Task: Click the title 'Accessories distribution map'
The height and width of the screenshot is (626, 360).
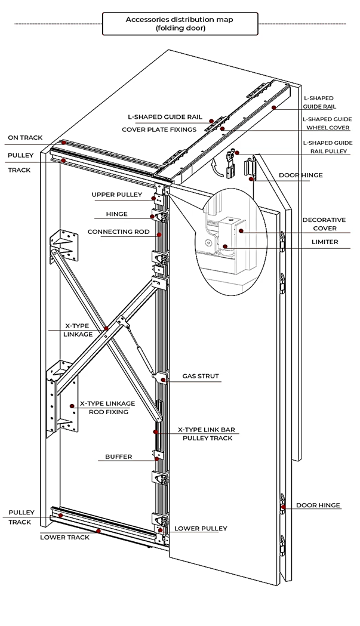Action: pyautogui.click(x=179, y=19)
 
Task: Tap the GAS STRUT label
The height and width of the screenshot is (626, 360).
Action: pyautogui.click(x=201, y=376)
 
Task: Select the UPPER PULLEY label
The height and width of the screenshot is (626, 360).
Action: pyautogui.click(x=116, y=195)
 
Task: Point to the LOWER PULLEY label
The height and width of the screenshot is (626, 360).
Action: pyautogui.click(x=201, y=528)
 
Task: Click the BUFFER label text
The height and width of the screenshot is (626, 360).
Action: pyautogui.click(x=118, y=457)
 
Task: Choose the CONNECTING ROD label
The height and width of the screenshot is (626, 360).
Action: pyautogui.click(x=118, y=232)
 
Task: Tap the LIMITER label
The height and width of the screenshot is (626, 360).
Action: pyautogui.click(x=325, y=242)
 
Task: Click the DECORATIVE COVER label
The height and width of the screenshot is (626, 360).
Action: pyautogui.click(x=324, y=224)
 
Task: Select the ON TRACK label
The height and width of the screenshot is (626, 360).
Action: pyautogui.click(x=25, y=138)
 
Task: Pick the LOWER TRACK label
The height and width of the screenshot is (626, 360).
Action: pyautogui.click(x=64, y=537)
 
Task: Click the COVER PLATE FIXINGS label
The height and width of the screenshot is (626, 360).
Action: pyautogui.click(x=159, y=129)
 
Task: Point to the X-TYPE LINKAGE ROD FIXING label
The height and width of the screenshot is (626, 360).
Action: pyautogui.click(x=107, y=408)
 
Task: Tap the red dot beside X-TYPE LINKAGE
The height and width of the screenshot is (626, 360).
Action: pyautogui.click(x=106, y=329)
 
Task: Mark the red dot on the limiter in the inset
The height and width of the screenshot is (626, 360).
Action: pyautogui.click(x=225, y=246)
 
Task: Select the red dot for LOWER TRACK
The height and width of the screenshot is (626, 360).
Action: pyautogui.click(x=99, y=531)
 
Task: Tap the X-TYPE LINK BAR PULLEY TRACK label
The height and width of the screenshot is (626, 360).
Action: pyautogui.click(x=207, y=434)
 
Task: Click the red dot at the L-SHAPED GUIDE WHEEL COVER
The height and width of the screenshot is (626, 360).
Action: pyautogui.click(x=221, y=128)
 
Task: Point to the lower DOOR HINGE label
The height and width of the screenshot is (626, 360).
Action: pyautogui.click(x=318, y=505)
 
